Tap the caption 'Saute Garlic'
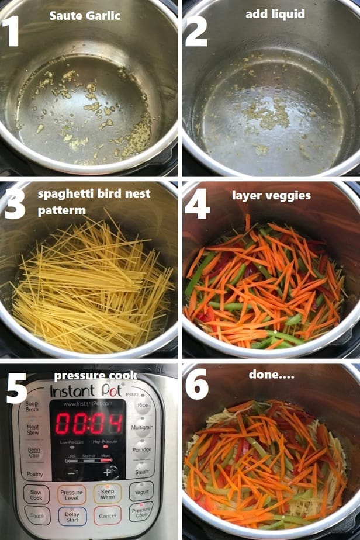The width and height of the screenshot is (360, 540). [x=85, y=16]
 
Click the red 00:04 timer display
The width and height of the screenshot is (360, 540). [x=89, y=423]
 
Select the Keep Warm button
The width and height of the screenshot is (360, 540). [x=108, y=494]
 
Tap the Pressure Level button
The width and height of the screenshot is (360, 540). [x=72, y=495]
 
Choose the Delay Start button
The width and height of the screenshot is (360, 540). [x=72, y=516]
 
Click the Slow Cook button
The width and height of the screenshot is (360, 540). [x=36, y=495]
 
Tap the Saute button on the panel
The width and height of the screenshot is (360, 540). [x=37, y=515]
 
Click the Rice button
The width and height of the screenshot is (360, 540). [x=142, y=406]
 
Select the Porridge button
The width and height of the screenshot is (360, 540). [x=141, y=450]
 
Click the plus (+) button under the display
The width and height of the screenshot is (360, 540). [x=107, y=472]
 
